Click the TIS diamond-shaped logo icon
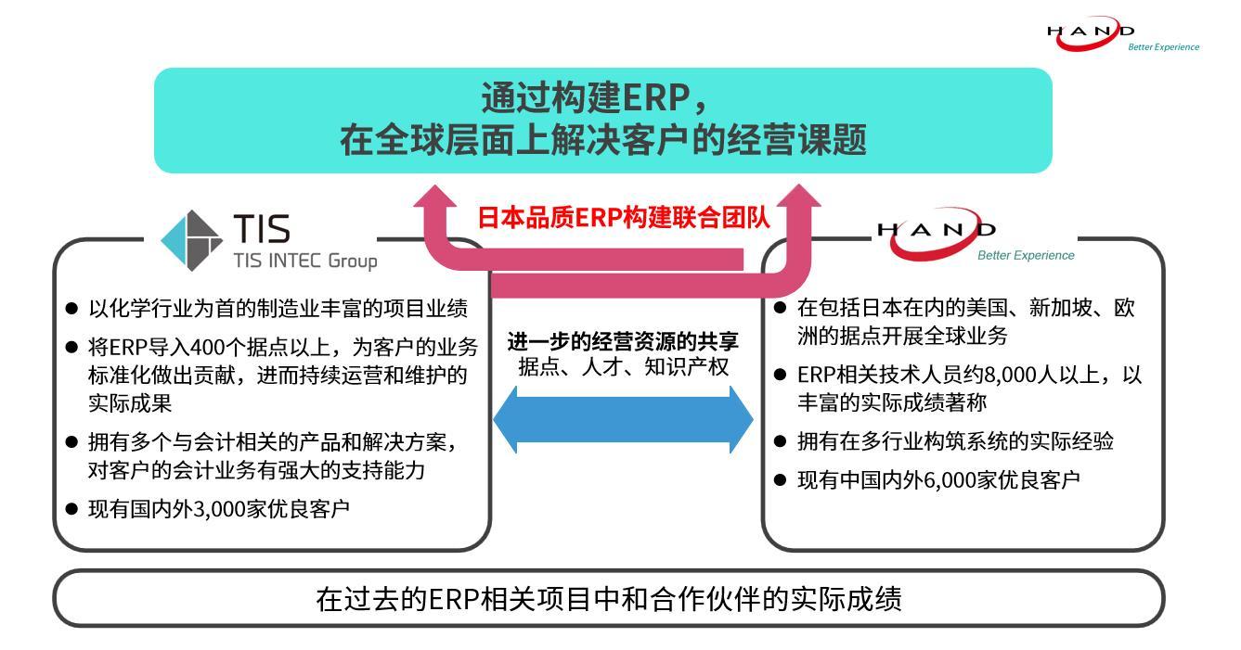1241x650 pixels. point(192,240)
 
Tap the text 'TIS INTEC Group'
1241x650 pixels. point(305,260)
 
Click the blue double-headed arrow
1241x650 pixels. point(623,420)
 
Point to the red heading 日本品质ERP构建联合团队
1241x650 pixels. point(623,218)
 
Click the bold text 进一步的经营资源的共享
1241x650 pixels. point(623,341)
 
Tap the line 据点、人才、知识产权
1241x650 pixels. point(623,367)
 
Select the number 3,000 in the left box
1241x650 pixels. point(225,509)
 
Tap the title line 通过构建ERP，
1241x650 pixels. point(599,97)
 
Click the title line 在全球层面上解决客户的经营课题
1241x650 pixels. point(602,141)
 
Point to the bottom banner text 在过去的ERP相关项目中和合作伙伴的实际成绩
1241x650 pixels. point(608,599)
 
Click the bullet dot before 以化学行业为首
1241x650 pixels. point(72,308)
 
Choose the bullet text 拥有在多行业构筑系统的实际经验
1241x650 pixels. point(955,441)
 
